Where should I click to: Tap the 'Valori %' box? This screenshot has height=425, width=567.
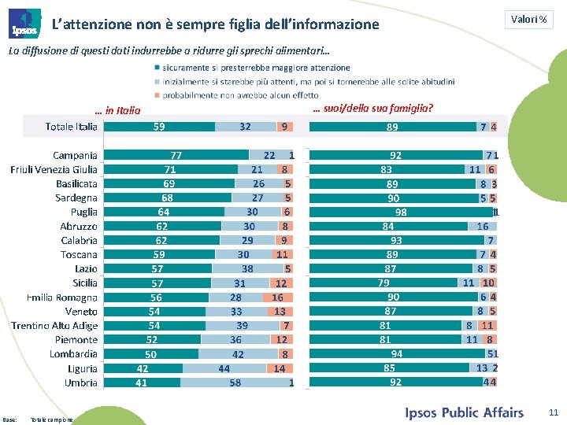(528, 19)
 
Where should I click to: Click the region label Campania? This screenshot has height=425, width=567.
(75, 156)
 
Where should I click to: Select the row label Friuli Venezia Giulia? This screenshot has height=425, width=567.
(54, 170)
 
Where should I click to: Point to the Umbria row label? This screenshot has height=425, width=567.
(81, 382)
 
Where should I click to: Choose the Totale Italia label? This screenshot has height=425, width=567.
(72, 127)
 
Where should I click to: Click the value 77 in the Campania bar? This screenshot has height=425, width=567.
(176, 156)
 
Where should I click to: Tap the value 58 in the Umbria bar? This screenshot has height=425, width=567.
(235, 382)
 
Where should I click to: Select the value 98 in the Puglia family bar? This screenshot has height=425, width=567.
(401, 213)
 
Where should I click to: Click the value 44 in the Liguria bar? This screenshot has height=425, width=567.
(224, 368)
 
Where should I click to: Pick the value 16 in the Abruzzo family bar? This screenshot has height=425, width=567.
(483, 227)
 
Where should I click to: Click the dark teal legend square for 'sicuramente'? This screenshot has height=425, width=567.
(157, 68)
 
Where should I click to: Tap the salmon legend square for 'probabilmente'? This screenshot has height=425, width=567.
(157, 95)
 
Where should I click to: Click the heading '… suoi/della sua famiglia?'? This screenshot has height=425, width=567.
(372, 108)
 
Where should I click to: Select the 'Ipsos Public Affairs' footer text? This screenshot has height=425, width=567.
(464, 412)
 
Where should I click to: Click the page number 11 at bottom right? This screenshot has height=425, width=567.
(552, 412)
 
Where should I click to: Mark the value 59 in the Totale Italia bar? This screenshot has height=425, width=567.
(159, 127)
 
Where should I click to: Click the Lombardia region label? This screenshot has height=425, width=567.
(76, 354)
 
